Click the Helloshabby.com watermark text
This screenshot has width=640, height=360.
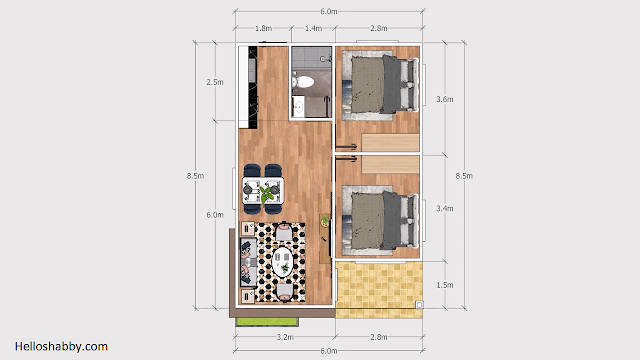pos(61,347)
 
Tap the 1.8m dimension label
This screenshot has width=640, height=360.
pos(263,28)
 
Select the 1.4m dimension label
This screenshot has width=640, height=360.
pos(313,28)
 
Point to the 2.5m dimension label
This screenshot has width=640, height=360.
pos(215,82)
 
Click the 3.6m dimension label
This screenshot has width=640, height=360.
pos(444,99)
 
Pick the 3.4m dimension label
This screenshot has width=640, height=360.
pos(444,209)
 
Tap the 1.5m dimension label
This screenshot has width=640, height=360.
pos(444,285)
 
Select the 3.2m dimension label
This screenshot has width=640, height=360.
pos(285,337)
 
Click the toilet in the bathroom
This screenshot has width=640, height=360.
pos(303,82)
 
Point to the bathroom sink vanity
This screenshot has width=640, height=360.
pos(298,107)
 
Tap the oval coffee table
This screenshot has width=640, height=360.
pos(282,261)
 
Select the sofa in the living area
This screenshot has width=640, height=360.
pos(249,262)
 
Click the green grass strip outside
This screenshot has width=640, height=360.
pos(267,322)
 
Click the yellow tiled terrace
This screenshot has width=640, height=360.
pos(379,290)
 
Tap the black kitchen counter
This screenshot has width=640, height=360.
pos(253,87)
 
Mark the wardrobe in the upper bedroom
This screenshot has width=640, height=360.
pos(390,143)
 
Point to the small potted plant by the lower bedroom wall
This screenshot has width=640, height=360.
pos(325,222)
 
